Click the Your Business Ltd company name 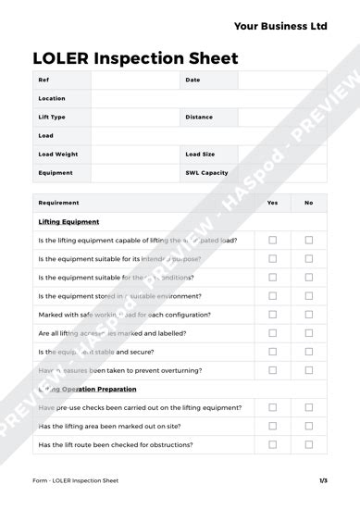pos(280,27)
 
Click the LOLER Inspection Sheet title pos(135,58)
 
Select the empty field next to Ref pos(134,81)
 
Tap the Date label pos(192,81)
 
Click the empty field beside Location pos(208,99)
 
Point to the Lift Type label pos(52,118)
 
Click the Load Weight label pos(58,155)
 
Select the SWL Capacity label pos(206,173)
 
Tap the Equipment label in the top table pos(55,173)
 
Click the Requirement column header pos(58,203)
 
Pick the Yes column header pos(272,203)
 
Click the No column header pos(308,203)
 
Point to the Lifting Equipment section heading pos(68,222)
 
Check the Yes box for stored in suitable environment pos(272,296)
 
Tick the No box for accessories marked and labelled pos(308,333)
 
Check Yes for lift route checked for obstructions pos(272,445)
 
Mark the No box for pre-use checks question pos(308,408)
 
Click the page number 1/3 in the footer pos(323,481)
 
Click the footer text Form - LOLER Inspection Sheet pos(75,481)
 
